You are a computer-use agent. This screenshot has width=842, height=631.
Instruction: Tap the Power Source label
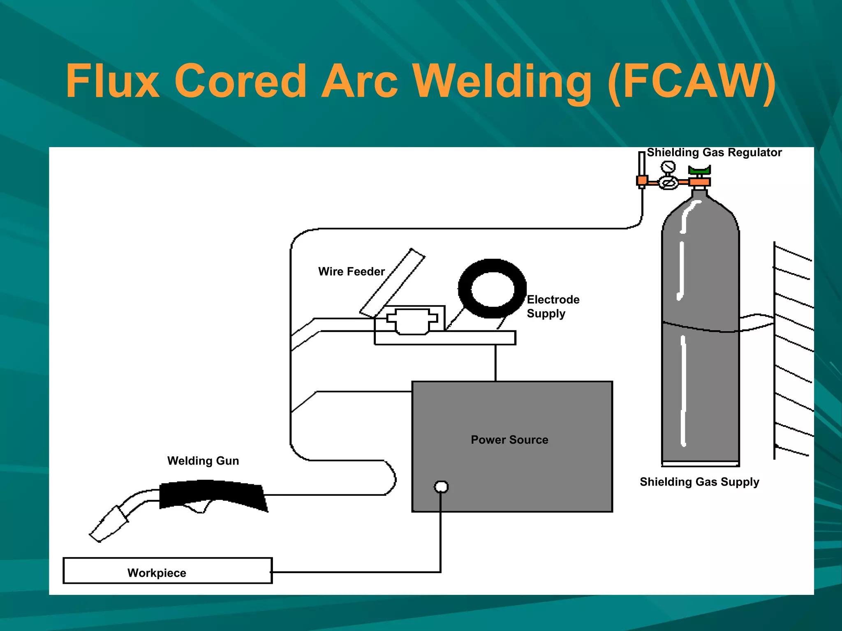click(x=509, y=440)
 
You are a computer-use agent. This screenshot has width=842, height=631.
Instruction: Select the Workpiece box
click(x=167, y=571)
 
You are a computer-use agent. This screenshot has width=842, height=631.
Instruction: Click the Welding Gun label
click(x=203, y=461)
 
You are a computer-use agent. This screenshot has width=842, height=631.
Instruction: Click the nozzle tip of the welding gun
click(x=99, y=532)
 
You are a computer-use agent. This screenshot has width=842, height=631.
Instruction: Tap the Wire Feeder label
click(x=351, y=272)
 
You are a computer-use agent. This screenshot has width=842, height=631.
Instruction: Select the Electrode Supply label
click(x=553, y=306)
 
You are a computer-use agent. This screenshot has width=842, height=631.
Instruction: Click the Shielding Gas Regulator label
click(x=714, y=152)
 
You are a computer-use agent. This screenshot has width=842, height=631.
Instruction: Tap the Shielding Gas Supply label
click(x=699, y=481)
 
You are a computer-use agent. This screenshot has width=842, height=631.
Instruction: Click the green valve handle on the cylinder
click(x=699, y=170)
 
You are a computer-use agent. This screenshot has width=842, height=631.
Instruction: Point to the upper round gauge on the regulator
click(x=668, y=167)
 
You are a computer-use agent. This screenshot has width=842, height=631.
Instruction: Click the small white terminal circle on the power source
click(x=441, y=487)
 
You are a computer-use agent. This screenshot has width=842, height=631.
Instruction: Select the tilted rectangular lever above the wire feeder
click(x=392, y=283)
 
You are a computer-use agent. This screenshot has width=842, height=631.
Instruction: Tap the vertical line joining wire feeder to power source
click(x=495, y=363)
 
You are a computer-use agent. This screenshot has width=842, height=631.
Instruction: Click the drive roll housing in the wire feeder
click(x=412, y=322)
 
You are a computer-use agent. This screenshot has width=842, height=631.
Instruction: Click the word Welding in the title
click(x=502, y=82)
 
